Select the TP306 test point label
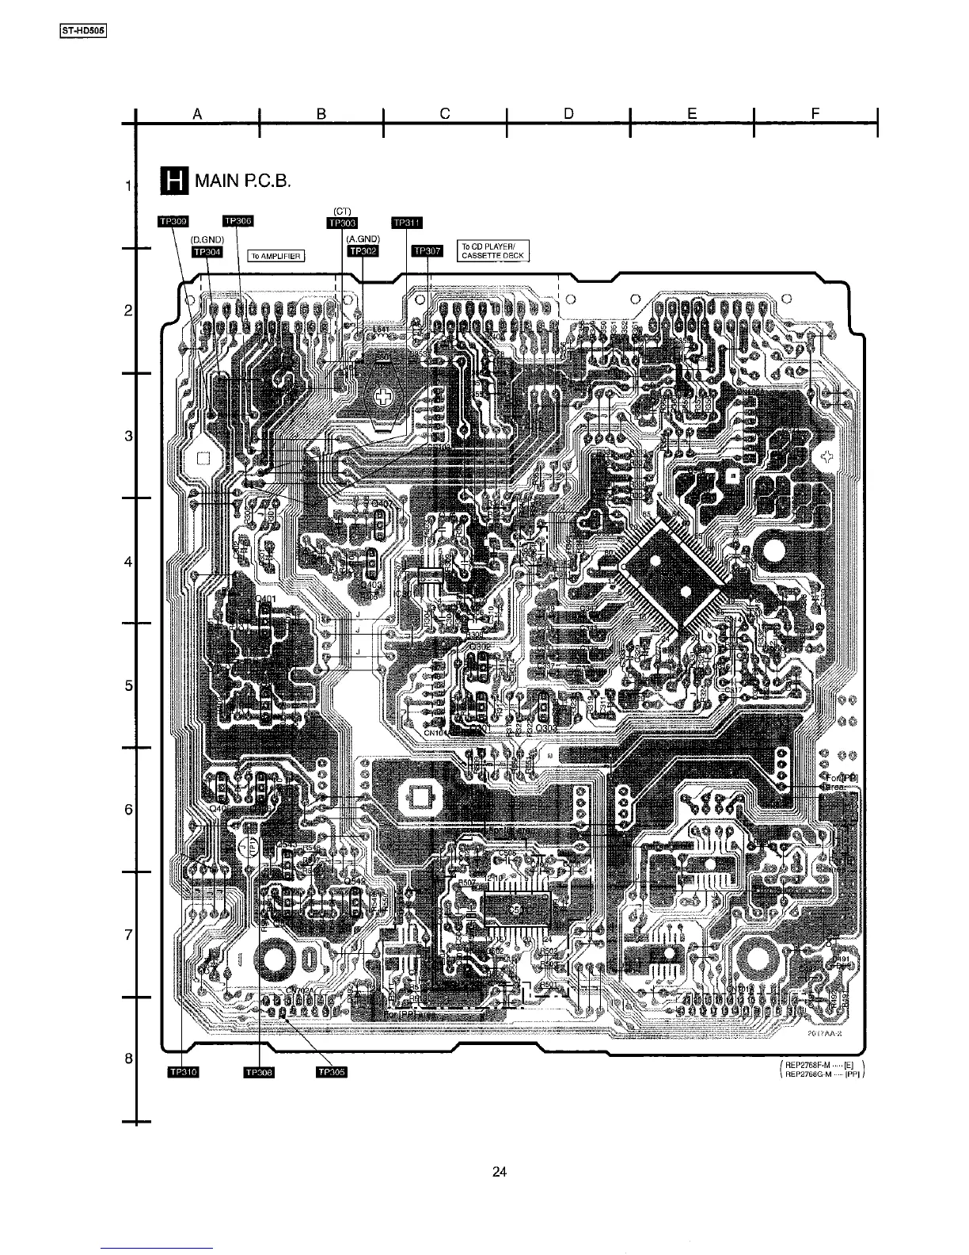(x=237, y=220)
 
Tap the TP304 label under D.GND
(x=207, y=251)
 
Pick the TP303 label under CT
(x=343, y=223)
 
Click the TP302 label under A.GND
(x=363, y=251)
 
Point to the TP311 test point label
(x=408, y=223)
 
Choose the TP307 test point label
(x=428, y=251)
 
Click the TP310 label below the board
(x=183, y=1073)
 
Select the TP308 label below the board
(x=258, y=1073)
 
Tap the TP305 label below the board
(x=332, y=1073)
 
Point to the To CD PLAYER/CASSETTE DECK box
(x=492, y=251)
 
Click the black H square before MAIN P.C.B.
(x=172, y=181)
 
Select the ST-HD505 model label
(x=83, y=32)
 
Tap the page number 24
(x=499, y=1173)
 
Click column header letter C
(x=445, y=114)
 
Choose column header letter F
(x=815, y=114)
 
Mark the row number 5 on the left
(x=128, y=686)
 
